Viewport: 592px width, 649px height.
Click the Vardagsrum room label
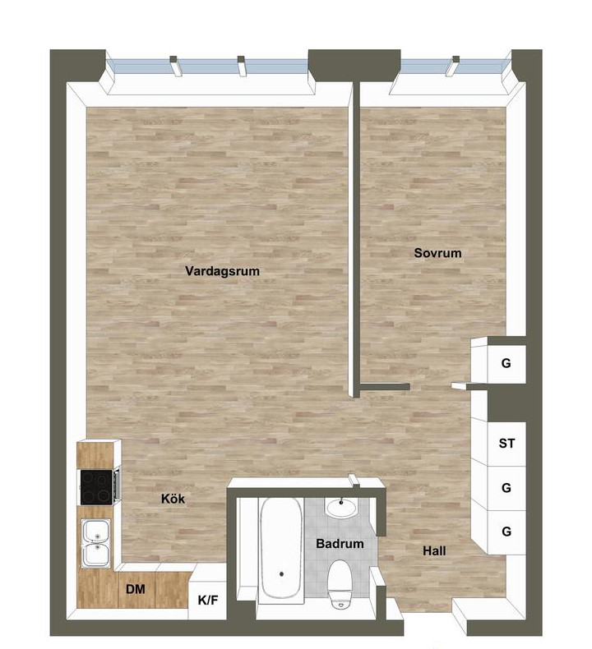[x=222, y=271]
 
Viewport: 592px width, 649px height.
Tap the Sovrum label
[x=437, y=253]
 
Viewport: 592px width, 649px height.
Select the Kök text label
[x=173, y=499]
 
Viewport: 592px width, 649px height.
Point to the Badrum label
[x=340, y=544]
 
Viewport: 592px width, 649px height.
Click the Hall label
[x=434, y=551]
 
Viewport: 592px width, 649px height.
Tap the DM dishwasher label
[x=136, y=589]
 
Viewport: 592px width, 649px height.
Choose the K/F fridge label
[x=207, y=600]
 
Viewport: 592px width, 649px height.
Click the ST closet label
[x=506, y=444]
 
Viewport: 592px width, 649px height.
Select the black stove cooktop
[x=96, y=487]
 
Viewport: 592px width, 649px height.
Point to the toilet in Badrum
[x=340, y=583]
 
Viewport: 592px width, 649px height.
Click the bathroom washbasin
[x=341, y=508]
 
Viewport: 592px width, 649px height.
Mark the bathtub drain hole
[x=282, y=574]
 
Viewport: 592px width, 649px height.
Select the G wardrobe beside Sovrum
[x=506, y=364]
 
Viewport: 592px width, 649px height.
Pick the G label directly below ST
[x=506, y=488]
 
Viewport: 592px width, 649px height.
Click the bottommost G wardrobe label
[x=506, y=531]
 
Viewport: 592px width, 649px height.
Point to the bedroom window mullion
[x=453, y=66]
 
